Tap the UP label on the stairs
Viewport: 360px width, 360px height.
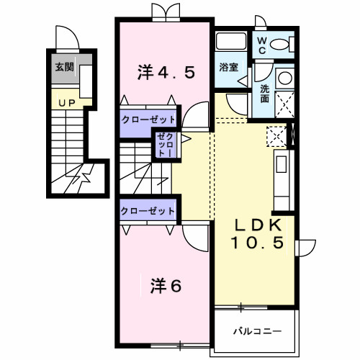[67, 104]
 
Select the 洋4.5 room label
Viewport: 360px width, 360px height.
[166, 72]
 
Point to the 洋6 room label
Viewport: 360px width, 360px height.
[166, 285]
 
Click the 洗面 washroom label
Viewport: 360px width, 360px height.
[265, 94]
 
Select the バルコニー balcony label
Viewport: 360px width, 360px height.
[256, 332]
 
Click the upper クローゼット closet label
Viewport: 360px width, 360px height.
[147, 120]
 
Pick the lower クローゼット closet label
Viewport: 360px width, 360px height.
[147, 211]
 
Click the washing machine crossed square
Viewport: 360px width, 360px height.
[284, 106]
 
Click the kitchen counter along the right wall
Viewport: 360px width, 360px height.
[281, 176]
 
